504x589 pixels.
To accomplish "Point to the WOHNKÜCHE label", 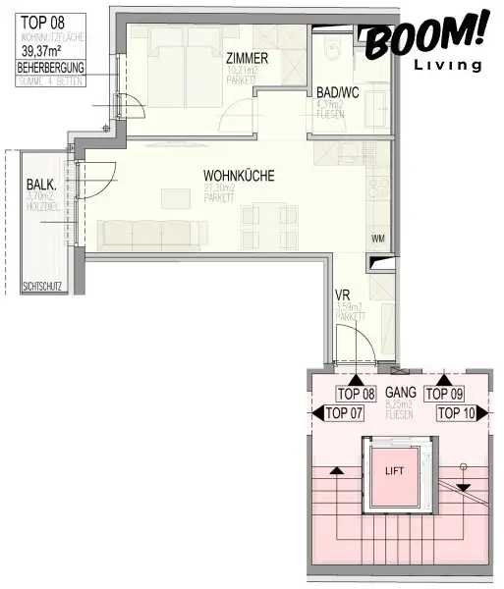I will [232, 176].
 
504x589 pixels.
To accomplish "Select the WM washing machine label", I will [378, 239].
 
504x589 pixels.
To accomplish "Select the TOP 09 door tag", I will [443, 394].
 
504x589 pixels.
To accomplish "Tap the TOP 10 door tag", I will [455, 413].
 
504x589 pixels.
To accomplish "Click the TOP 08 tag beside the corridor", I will [356, 394].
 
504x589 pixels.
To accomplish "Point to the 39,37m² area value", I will [47, 54].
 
